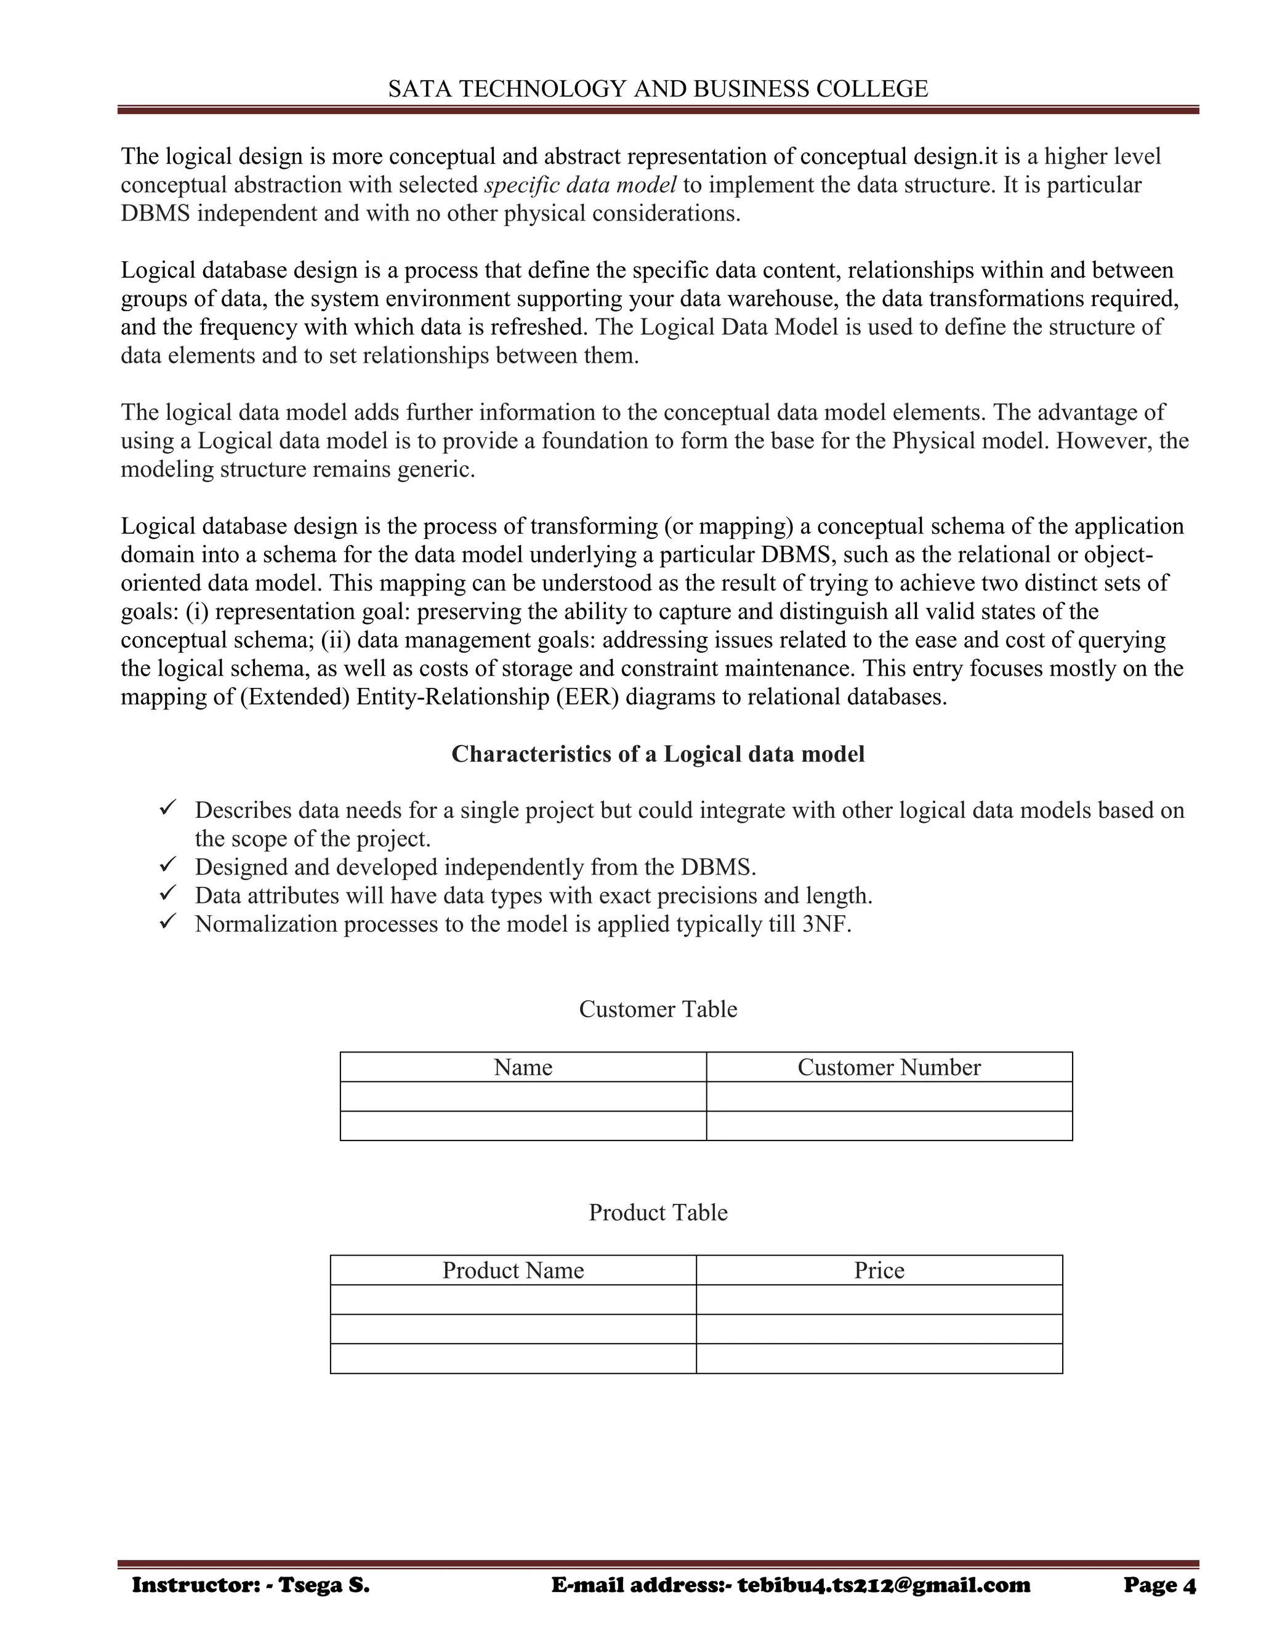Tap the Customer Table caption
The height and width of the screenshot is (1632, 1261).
click(x=658, y=1009)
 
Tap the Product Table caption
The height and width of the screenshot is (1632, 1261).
click(x=658, y=1213)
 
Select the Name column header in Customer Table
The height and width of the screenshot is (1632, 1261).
click(x=523, y=1067)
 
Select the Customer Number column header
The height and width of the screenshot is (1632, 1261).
click(x=889, y=1067)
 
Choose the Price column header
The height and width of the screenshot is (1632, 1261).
click(x=879, y=1270)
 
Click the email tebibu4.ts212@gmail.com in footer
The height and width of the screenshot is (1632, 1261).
click(x=884, y=1585)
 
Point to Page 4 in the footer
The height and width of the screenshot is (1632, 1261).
click(x=1159, y=1585)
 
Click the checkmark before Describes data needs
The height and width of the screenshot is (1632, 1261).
click(x=167, y=809)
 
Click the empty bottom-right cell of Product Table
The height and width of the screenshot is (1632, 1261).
click(x=879, y=1359)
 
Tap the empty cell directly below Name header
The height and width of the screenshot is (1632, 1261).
click(x=523, y=1096)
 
